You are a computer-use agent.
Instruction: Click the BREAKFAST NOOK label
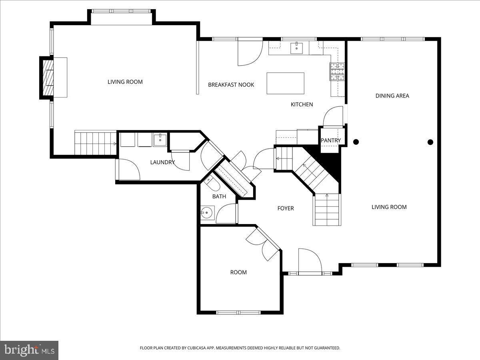231,85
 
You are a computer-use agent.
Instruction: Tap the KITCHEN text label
302,104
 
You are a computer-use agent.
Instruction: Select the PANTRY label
331,140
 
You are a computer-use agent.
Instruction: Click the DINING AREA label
392,96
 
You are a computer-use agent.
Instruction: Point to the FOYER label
286,208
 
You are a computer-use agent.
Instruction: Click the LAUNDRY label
162,162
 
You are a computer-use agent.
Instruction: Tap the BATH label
219,196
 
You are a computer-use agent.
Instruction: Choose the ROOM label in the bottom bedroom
238,272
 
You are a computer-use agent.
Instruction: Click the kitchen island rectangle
285,83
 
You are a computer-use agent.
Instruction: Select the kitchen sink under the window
296,48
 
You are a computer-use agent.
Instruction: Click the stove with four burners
337,72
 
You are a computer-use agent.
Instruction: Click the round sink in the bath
207,212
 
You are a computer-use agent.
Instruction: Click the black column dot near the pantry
356,142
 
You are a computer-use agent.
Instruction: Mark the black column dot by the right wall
430,142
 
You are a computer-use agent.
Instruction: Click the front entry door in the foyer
310,262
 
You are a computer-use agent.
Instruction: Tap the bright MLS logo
29,350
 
